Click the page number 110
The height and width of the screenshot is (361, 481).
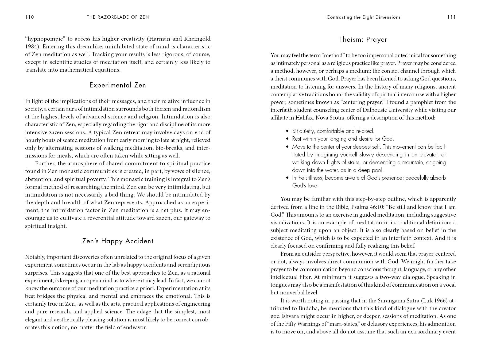(x=29, y=17)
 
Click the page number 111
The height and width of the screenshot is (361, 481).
(x=451, y=17)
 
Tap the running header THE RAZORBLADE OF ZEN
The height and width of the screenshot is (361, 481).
(x=118, y=17)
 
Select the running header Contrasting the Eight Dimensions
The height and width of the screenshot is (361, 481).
(x=363, y=17)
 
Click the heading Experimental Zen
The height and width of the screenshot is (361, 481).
(x=118, y=85)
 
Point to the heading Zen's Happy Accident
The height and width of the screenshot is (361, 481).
(x=118, y=241)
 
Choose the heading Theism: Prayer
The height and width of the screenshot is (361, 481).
(x=363, y=40)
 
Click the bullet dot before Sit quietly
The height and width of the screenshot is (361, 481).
(x=287, y=131)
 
